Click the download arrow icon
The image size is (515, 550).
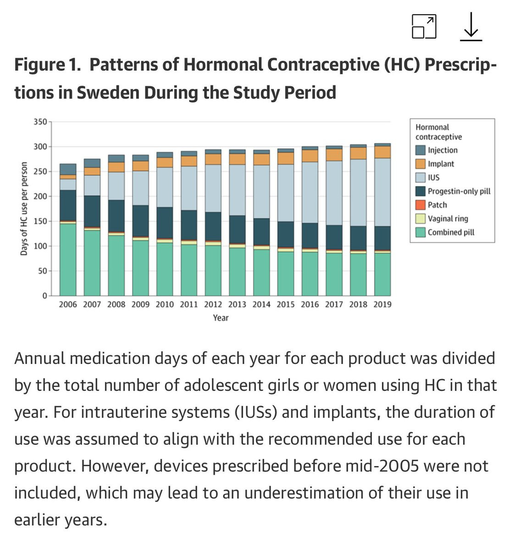click(471, 27)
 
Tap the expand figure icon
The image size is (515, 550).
click(424, 27)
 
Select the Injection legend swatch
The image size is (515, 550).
click(421, 150)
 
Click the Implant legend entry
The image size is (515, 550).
click(440, 164)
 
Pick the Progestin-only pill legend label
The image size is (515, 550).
click(459, 191)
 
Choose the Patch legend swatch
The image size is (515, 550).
click(421, 205)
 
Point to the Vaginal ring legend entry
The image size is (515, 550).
click(448, 219)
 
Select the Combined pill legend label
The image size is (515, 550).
click(451, 232)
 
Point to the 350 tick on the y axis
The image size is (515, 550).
click(40, 122)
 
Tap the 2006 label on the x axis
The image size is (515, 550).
click(68, 304)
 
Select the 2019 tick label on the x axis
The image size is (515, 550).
click(382, 304)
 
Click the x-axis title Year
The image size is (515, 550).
click(221, 318)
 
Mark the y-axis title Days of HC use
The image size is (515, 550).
click(24, 208)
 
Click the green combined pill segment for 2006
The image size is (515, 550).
click(68, 259)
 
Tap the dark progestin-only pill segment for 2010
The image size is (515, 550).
click(165, 223)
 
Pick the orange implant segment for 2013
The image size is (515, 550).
click(237, 159)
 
